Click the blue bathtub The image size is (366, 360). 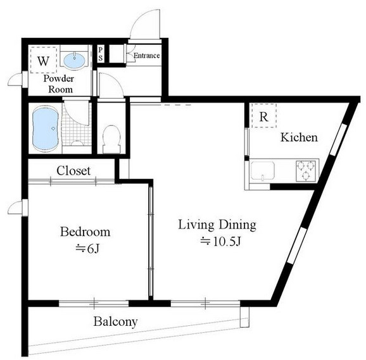pyautogui.click(x=45, y=129)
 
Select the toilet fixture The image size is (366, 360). pyautogui.click(x=111, y=139)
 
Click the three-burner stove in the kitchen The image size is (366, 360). pyautogui.click(x=306, y=171)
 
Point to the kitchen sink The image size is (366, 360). pyautogui.click(x=262, y=171)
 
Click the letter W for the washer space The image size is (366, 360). pyautogui.click(x=44, y=61)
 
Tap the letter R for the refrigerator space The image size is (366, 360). pyautogui.click(x=264, y=117)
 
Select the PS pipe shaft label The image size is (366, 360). pyautogui.click(x=101, y=54)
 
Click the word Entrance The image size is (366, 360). pyautogui.click(x=146, y=56)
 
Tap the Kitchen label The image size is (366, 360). pyautogui.click(x=299, y=137)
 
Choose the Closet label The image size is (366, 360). pyautogui.click(x=73, y=171)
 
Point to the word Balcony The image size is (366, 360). pyautogui.click(x=115, y=322)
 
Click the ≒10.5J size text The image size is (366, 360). pyautogui.click(x=220, y=242)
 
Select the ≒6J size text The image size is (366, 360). pyautogui.click(x=87, y=249)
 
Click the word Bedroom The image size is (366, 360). pyautogui.click(x=85, y=232)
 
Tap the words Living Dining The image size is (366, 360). pyautogui.click(x=217, y=225)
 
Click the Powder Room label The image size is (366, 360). pyautogui.click(x=59, y=84)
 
